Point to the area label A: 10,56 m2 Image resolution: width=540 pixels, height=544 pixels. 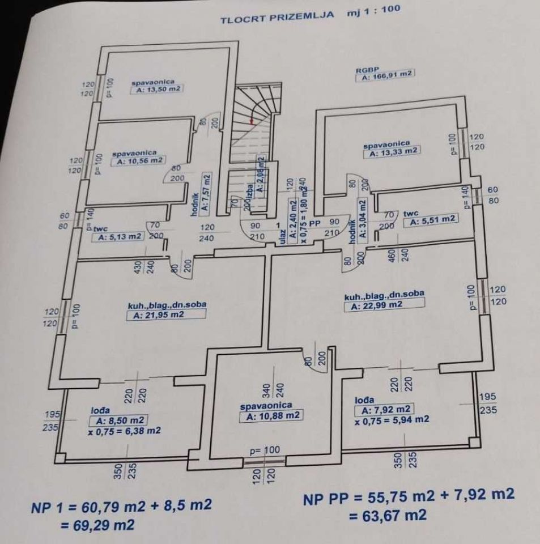point(139,161)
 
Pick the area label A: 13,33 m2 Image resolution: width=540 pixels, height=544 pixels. point(393,152)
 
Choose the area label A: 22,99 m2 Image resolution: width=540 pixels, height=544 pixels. point(376,305)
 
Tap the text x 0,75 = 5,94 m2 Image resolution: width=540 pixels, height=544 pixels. point(392,420)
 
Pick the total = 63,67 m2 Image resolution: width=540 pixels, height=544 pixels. point(387,515)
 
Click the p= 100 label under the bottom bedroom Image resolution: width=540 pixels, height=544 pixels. point(265,450)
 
